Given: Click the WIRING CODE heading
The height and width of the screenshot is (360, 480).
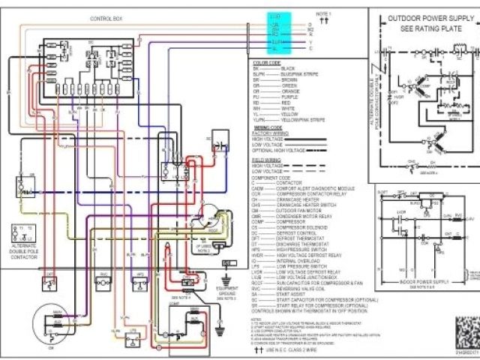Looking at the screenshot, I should click(x=266, y=128).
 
